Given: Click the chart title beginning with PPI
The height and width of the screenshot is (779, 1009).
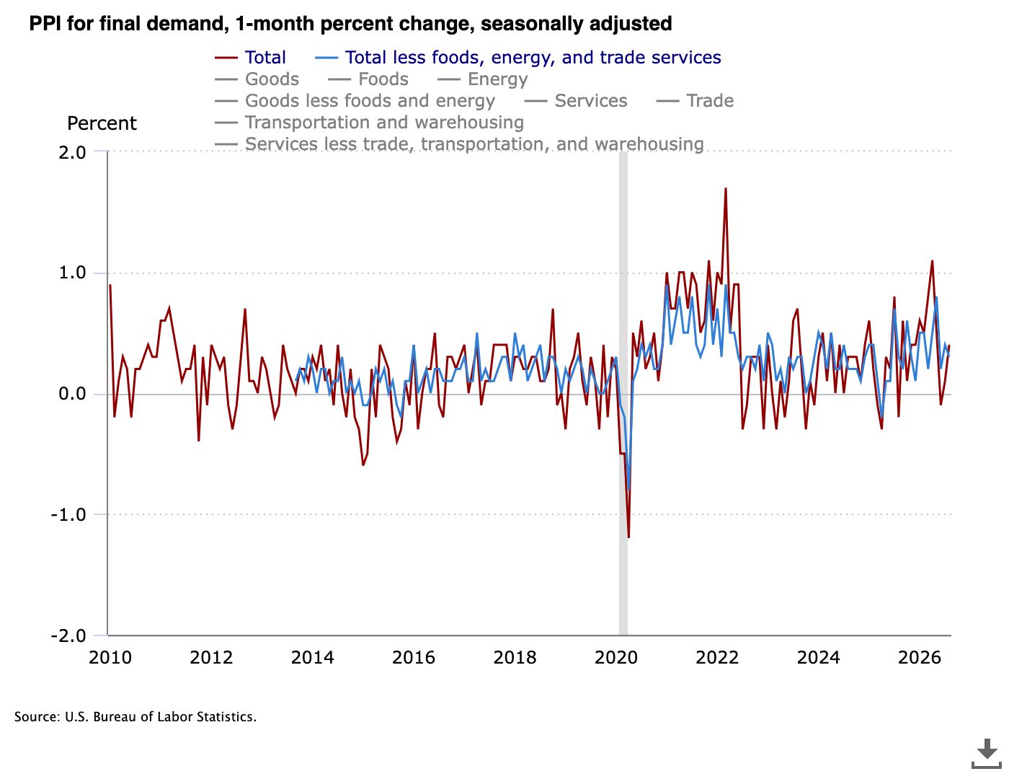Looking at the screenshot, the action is point(350,24).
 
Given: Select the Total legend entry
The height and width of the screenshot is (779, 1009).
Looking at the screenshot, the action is point(250,58).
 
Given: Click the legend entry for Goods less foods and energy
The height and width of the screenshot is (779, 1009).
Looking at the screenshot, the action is point(355,101).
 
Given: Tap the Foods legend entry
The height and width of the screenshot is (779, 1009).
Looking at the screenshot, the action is point(368,79).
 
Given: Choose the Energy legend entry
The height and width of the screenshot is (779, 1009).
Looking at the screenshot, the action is point(483,79).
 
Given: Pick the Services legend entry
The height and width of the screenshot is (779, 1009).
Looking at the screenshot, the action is point(576,101).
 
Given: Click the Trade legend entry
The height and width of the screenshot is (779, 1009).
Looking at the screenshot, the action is point(695,101).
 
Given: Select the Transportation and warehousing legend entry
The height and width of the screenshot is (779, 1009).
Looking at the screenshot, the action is point(369,123).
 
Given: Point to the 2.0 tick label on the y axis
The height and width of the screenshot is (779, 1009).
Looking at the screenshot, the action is point(73,152).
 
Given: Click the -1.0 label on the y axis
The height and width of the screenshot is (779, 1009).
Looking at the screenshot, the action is point(68,515).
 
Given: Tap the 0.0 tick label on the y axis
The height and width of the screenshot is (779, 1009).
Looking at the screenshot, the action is point(73,394).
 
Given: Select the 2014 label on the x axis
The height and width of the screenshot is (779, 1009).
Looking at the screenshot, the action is point(313,658).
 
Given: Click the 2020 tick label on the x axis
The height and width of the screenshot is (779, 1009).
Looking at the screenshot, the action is point(616,658).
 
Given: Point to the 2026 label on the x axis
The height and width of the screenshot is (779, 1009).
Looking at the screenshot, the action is point(920,658).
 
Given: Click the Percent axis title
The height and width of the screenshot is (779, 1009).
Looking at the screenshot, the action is point(102,123).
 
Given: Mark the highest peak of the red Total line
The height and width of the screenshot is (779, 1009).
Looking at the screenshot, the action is point(725,188).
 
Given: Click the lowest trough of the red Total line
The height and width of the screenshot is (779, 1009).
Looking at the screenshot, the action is point(628,537).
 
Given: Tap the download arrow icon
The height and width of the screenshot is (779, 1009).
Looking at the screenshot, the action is point(986,754).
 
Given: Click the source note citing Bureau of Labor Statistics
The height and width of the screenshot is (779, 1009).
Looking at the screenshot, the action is point(135,717).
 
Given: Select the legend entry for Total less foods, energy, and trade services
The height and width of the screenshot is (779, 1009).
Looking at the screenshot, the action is point(518,58).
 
